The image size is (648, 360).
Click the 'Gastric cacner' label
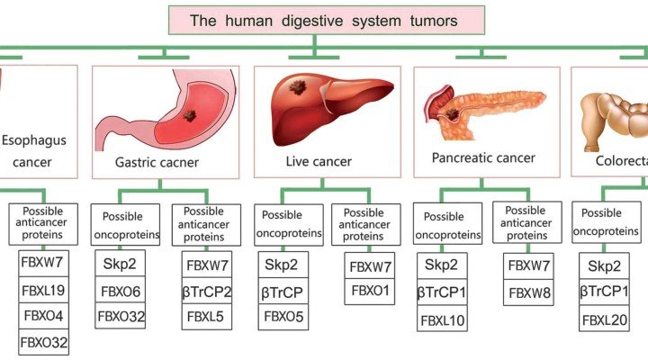tap(157, 163)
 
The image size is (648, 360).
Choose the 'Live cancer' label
tap(319, 162)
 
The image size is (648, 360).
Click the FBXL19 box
tap(44, 291)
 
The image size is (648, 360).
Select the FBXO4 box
tap(44, 317)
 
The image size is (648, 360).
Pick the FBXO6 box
tap(120, 291)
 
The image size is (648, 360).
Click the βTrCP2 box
tap(207, 291)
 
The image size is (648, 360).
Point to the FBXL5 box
tap(207, 317)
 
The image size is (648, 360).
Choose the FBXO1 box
tap(369, 291)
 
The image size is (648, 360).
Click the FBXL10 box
tap(441, 320)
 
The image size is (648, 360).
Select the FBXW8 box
tap(528, 292)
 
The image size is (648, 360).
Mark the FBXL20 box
tap(604, 320)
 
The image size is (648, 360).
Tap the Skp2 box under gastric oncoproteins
tap(120, 265)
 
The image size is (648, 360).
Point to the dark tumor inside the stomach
tap(190, 117)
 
